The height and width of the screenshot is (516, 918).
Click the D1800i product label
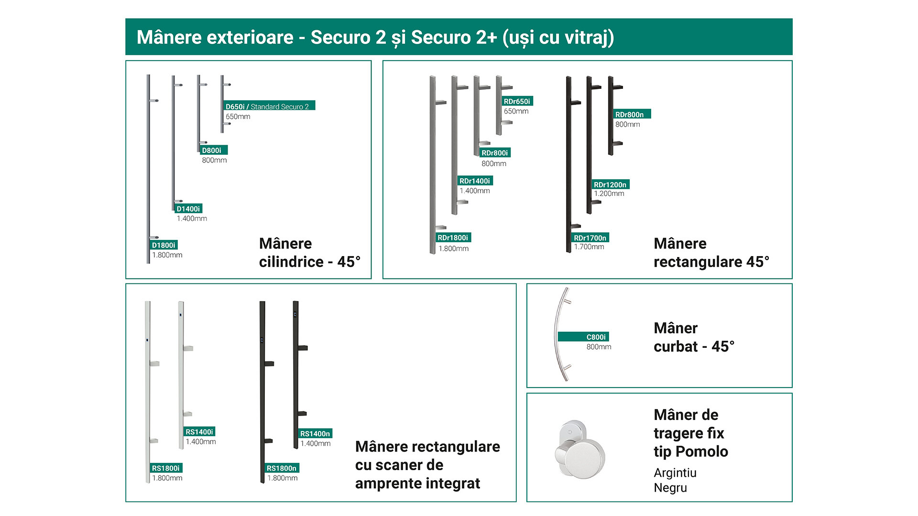click(x=164, y=245)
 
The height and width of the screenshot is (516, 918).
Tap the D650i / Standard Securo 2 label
click(x=269, y=106)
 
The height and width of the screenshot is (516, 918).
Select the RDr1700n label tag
click(x=591, y=237)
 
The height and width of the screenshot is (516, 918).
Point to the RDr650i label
click(x=517, y=101)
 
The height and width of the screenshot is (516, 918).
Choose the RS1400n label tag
click(x=315, y=433)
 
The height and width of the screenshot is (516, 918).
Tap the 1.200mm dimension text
click(x=609, y=193)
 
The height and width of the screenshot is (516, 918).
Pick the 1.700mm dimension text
click(x=589, y=247)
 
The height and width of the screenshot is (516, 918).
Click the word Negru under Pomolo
click(x=670, y=488)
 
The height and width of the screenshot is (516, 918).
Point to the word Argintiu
click(x=675, y=473)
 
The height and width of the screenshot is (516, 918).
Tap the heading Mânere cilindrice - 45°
click(x=310, y=253)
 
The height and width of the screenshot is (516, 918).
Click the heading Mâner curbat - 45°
click(x=694, y=337)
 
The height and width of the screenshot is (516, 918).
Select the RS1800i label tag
click(x=166, y=468)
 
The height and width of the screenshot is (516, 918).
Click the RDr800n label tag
click(x=632, y=114)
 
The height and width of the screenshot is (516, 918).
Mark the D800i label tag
click(x=213, y=150)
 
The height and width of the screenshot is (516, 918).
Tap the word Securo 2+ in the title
click(x=454, y=37)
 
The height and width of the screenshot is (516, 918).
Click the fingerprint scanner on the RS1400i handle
click(x=181, y=315)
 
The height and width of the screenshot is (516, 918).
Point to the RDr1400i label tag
click(x=475, y=181)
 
